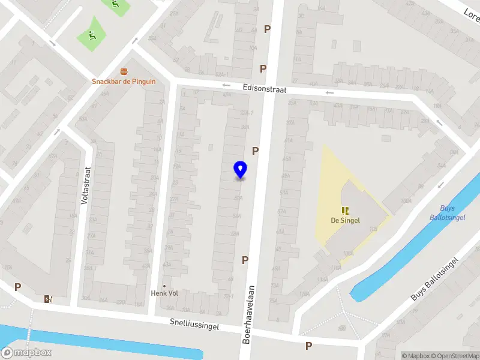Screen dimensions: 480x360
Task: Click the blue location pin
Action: (240, 169)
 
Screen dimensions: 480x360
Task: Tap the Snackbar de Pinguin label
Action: (124, 82)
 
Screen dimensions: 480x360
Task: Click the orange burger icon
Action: (124, 71)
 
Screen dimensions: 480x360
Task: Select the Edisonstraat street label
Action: (265, 89)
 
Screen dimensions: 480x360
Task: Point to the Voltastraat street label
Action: (86, 186)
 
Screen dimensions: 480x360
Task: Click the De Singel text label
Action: (345, 220)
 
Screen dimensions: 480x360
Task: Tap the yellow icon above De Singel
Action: (345, 211)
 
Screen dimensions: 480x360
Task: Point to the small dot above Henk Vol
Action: (164, 286)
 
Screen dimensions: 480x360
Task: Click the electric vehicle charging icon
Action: (47, 299)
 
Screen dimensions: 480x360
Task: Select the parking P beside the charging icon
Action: (18, 287)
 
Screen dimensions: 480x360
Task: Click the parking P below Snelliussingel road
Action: (308, 346)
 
